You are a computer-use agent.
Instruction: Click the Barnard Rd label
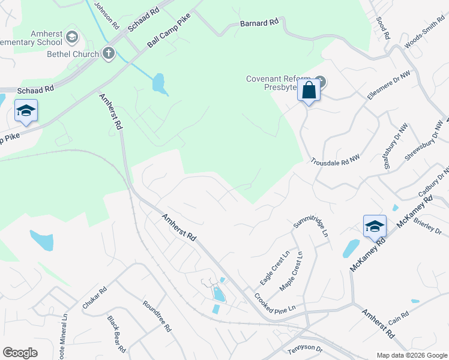pyautogui.click(x=259, y=23)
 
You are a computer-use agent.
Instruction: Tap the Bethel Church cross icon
pyautogui.click(x=109, y=54)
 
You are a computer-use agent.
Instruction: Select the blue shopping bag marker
pyautogui.click(x=309, y=91)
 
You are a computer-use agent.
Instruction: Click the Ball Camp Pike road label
pyautogui.click(x=169, y=31)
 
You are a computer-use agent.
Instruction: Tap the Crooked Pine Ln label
pyautogui.click(x=274, y=302)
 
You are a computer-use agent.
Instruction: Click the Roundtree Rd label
pyautogui.click(x=157, y=316)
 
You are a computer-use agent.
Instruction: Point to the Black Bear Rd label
pyautogui.click(x=116, y=334)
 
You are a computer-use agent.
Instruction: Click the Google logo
pyautogui.click(x=20, y=353)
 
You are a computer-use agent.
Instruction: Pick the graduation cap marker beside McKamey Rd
pyautogui.click(x=374, y=226)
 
